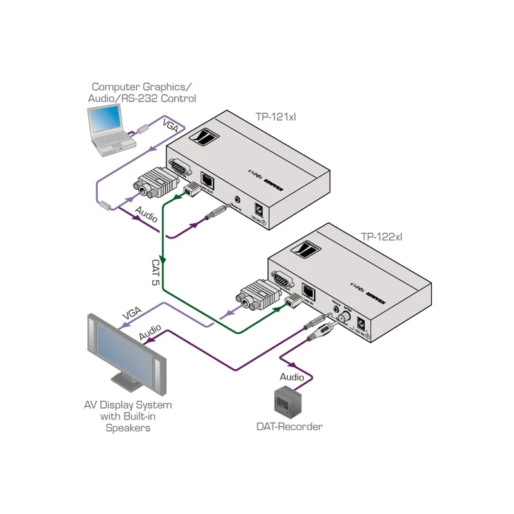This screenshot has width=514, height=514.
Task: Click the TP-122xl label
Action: click(381, 236)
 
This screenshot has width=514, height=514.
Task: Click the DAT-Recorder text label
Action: click(289, 426)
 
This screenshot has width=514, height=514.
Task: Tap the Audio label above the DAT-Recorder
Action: click(292, 377)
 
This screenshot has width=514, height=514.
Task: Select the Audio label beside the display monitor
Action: click(150, 335)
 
